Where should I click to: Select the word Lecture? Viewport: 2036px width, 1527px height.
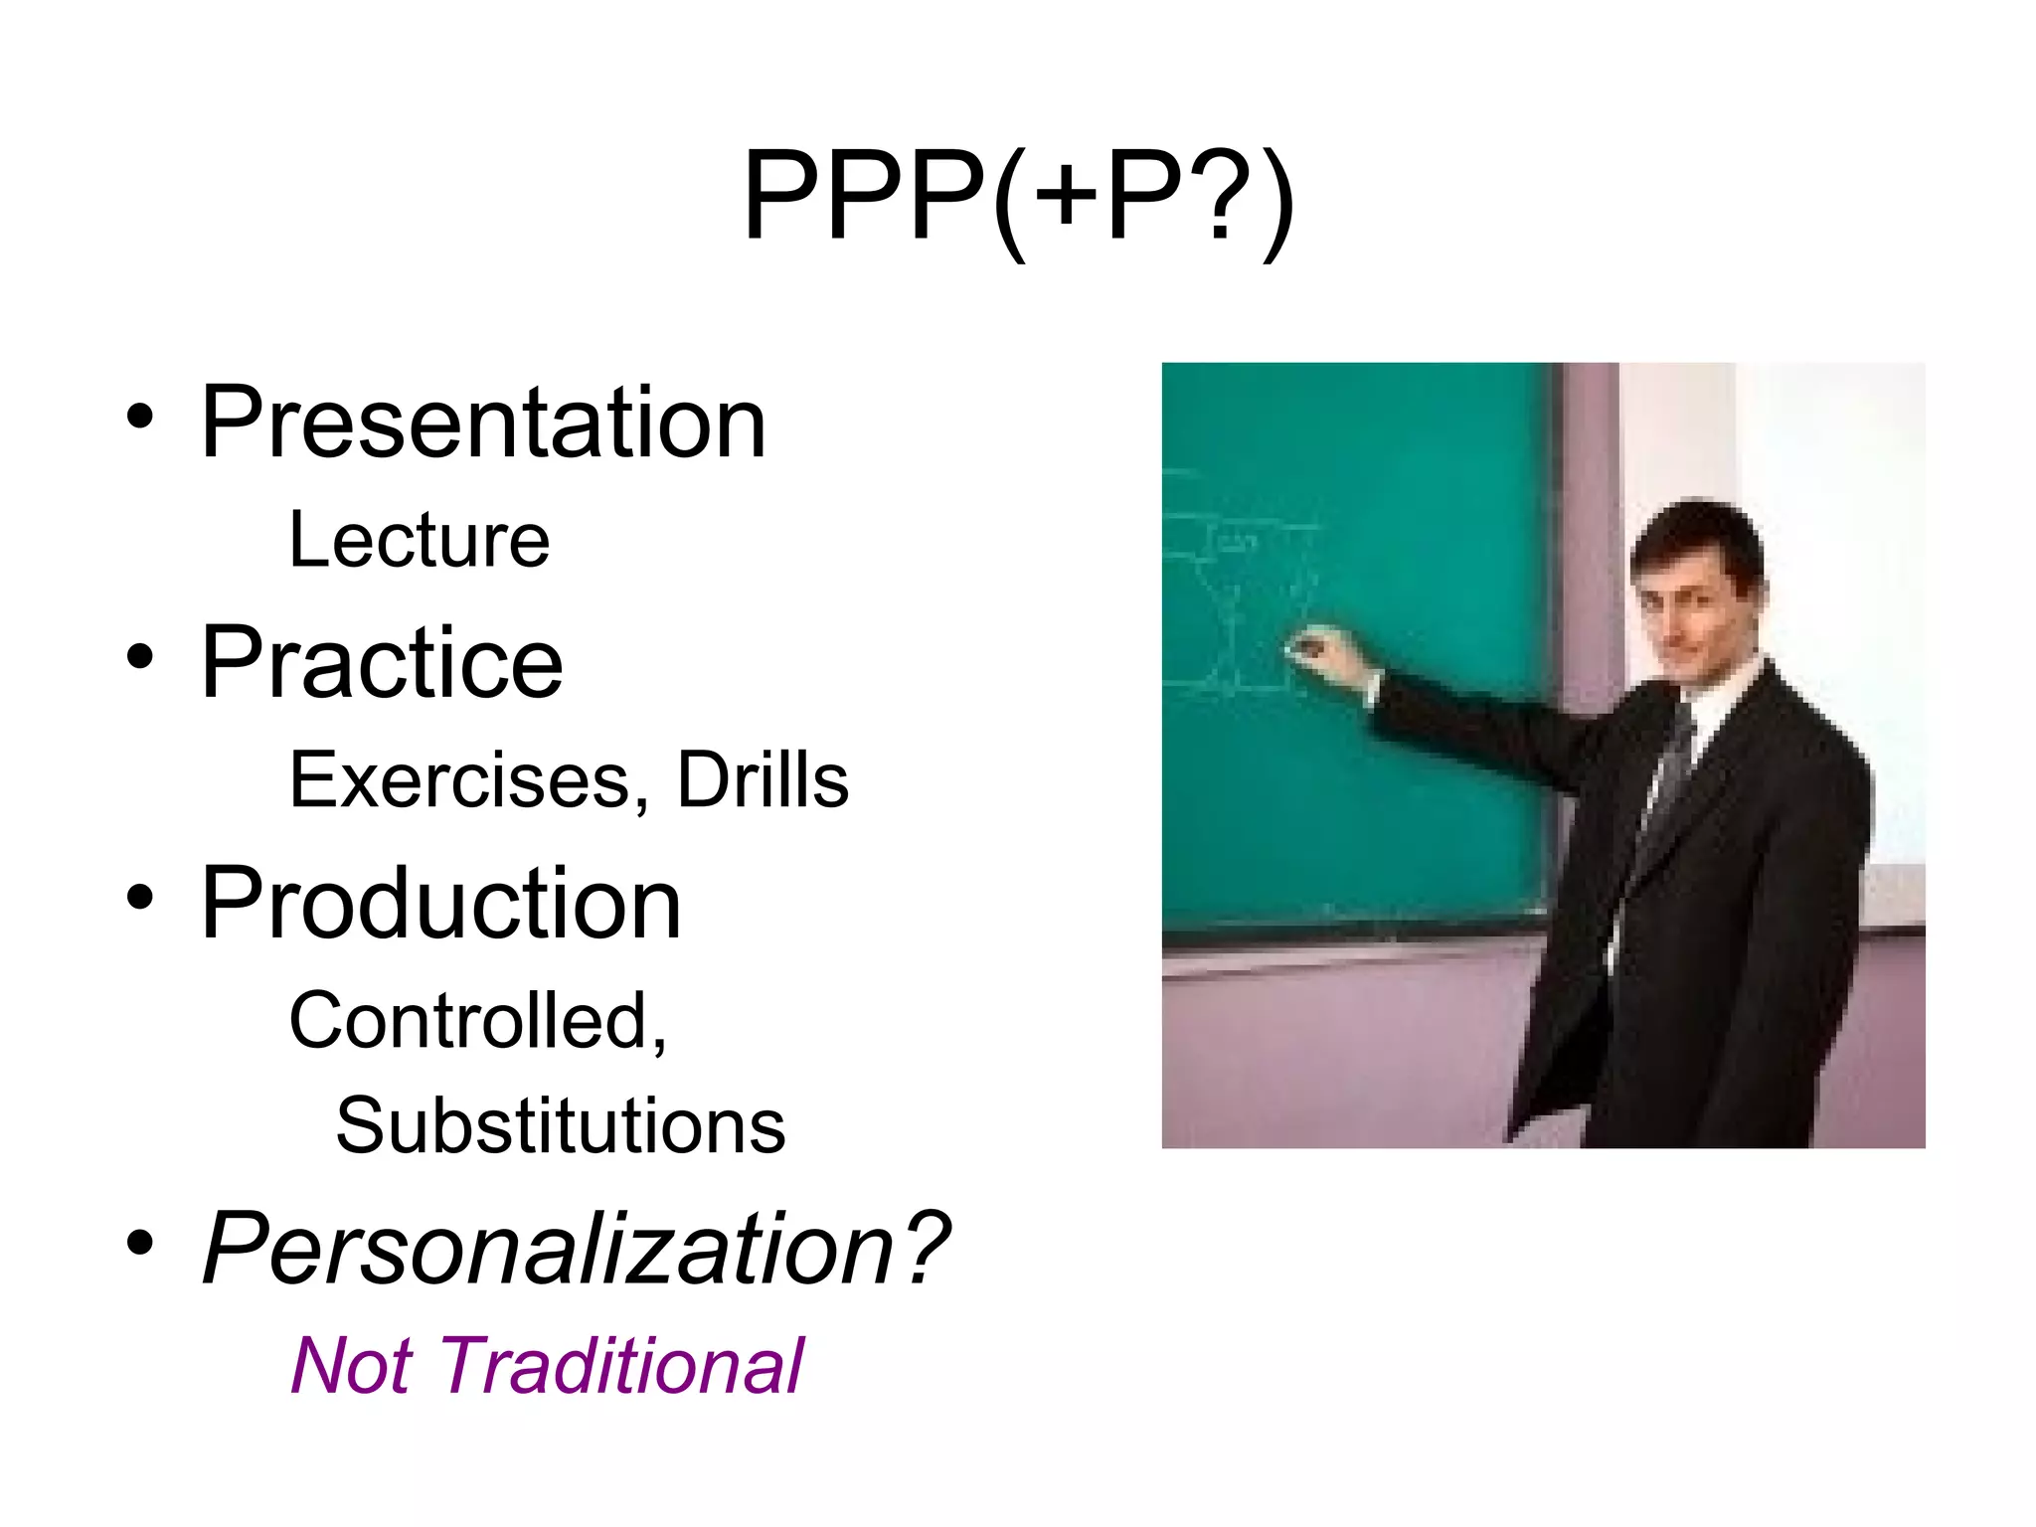pos(419,541)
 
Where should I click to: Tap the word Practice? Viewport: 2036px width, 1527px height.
pos(382,663)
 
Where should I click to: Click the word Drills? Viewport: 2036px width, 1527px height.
pos(763,780)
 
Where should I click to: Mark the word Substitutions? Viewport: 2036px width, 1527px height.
pos(561,1126)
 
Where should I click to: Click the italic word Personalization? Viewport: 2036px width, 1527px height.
pos(575,1249)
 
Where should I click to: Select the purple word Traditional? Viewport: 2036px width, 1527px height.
pos(619,1366)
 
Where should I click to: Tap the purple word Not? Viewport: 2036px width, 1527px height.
pos(350,1366)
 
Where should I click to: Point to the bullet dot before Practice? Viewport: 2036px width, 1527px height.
pos(140,656)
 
